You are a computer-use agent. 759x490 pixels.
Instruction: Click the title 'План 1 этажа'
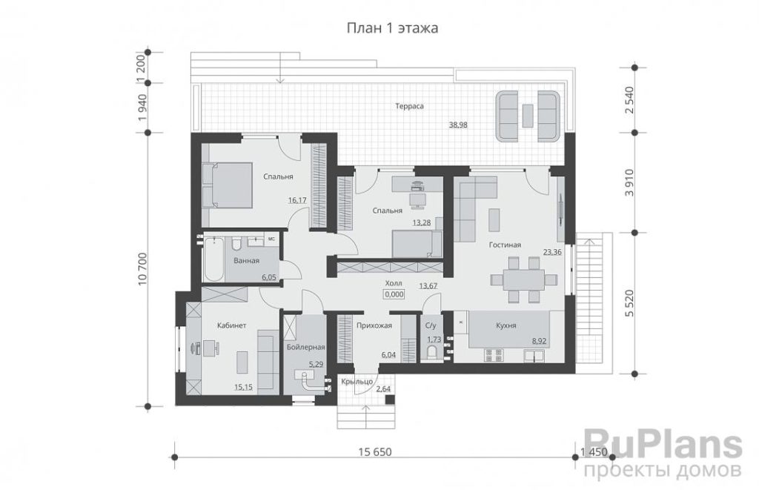[393, 28]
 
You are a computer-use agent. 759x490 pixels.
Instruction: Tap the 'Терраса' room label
[409, 106]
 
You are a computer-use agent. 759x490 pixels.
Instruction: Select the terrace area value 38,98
[458, 125]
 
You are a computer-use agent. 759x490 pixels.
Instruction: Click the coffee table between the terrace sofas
[528, 116]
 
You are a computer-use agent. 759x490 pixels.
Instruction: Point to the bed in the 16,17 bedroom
[228, 185]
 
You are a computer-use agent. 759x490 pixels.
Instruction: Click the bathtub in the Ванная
[213, 259]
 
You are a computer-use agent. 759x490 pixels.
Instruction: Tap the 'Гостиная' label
[505, 245]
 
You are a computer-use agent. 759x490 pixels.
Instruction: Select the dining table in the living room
[524, 279]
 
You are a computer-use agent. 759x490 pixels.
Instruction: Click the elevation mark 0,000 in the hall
[394, 294]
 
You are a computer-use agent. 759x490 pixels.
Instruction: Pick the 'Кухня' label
[506, 325]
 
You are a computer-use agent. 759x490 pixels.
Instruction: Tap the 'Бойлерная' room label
[305, 347]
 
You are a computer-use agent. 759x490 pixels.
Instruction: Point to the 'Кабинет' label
[231, 325]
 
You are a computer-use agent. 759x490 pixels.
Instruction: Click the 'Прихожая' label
[374, 325]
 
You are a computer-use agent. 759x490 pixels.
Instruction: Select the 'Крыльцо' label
[357, 382]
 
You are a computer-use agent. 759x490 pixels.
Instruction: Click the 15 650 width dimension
[374, 452]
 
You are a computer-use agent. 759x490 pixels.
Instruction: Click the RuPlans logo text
[663, 446]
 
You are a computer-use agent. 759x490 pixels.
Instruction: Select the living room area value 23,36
[552, 252]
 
